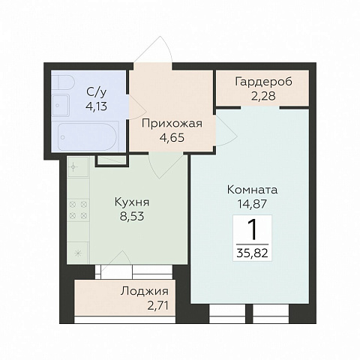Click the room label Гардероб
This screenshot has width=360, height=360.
[263, 82]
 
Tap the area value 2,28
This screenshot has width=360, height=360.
[263, 96]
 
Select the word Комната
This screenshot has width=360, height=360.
[252, 190]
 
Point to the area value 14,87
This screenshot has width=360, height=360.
[252, 204]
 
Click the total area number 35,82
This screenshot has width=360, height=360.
[252, 253]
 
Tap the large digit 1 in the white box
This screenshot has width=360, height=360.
[253, 229]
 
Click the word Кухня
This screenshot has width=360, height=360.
[132, 202]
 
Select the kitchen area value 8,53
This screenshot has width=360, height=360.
[132, 217]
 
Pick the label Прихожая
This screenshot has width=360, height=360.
[172, 124]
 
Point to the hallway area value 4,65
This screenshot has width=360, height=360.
[172, 137]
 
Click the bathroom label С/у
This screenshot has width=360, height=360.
[97, 92]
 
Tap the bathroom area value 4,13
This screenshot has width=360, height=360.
[97, 106]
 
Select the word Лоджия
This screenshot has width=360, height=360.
[145, 292]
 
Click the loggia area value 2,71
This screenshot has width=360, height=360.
[157, 305]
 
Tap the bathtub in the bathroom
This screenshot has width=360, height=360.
[88, 136]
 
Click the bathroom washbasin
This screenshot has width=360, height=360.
[61, 105]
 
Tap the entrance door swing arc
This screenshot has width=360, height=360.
[168, 46]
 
